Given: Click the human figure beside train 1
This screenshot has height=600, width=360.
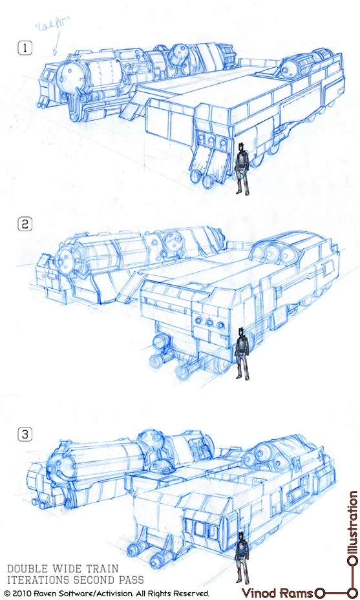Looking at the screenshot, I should [x=242, y=169].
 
